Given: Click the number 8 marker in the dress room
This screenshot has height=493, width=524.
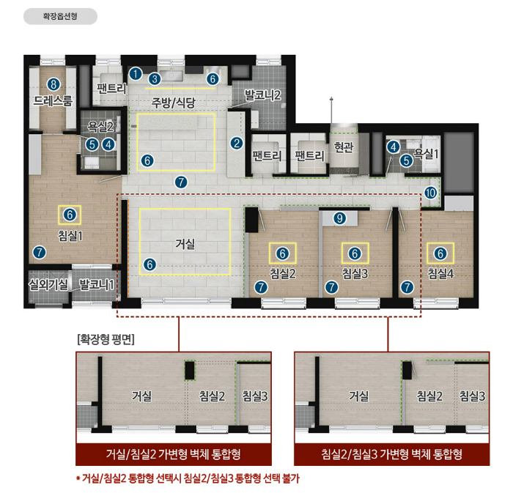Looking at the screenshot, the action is point(53,84).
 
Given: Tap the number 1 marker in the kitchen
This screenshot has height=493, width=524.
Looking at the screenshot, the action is point(136,73).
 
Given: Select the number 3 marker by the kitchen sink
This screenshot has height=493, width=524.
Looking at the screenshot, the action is point(155,79).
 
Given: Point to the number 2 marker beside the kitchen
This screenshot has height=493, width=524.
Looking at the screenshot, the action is point(237,144).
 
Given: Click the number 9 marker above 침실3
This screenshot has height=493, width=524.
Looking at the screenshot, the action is point(339,218).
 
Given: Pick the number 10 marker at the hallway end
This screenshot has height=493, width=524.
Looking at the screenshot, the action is point(430,193).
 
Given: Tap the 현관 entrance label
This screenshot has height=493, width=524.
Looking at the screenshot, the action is point(344,147).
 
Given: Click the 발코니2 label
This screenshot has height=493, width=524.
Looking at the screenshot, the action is point(262,95).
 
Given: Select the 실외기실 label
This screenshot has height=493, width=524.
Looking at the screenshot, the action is point(48,284).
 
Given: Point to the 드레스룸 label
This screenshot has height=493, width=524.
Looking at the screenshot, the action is point(53,100).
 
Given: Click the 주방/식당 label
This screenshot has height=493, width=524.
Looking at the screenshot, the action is point(173,103).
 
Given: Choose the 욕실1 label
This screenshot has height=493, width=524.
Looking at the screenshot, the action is point(426,153).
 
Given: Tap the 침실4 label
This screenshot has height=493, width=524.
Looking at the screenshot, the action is point(440,273).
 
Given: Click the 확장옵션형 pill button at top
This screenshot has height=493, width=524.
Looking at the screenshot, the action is point(60,16).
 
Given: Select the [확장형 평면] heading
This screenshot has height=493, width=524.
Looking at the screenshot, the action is point(106,339).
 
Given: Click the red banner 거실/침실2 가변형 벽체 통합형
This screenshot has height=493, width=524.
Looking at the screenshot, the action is point(174,454).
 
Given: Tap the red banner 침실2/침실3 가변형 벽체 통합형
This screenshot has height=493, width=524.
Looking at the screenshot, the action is point(391,454).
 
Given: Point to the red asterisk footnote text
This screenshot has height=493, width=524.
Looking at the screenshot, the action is point(188,478).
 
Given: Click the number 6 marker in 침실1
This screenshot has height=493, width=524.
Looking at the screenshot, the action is point(70,215).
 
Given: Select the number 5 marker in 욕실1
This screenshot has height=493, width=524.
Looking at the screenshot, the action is point(406,160).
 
